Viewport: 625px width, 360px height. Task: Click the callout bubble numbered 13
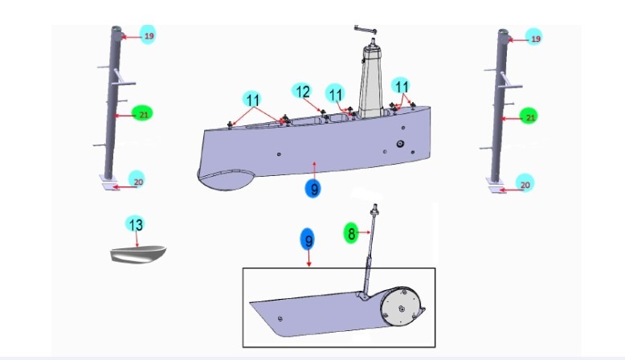(x=136, y=223)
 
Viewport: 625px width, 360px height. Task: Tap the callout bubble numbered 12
(x=302, y=92)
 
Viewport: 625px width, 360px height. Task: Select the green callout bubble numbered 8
(x=351, y=233)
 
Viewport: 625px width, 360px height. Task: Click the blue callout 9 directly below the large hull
(x=313, y=189)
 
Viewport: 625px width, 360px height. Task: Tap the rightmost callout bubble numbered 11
(x=402, y=86)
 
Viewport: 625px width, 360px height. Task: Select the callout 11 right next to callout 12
(x=335, y=93)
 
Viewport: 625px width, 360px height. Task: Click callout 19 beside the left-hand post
(x=148, y=35)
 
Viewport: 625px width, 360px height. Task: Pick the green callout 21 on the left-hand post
(x=142, y=114)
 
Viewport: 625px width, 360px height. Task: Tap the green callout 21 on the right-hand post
(x=529, y=117)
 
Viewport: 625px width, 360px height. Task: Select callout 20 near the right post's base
(x=525, y=185)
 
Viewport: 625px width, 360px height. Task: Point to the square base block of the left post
(x=107, y=183)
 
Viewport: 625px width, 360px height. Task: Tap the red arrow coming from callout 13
(x=137, y=239)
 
